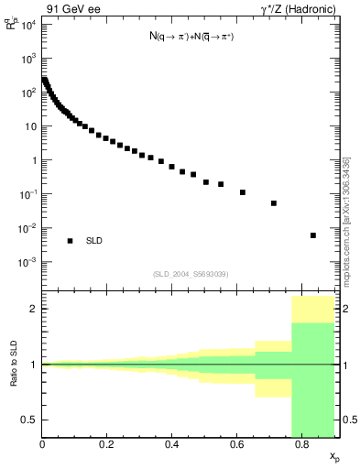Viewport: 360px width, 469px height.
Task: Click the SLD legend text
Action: pyautogui.click(x=94, y=241)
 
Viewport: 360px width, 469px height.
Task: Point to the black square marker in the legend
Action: pyautogui.click(x=70, y=241)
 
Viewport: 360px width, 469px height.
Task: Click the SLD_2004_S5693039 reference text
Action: pyautogui.click(x=191, y=274)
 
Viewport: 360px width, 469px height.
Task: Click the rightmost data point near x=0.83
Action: pyautogui.click(x=313, y=235)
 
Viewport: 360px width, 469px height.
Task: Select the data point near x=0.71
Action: pyautogui.click(x=274, y=203)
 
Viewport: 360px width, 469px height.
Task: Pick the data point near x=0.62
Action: pyautogui.click(x=243, y=192)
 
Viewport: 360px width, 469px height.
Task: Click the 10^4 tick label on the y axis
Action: pyautogui.click(x=28, y=24)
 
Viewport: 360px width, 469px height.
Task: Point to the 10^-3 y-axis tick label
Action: pyautogui.click(x=28, y=262)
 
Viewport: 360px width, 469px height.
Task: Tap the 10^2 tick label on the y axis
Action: pyautogui.click(x=28, y=92)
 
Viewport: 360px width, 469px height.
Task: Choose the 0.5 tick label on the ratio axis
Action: pyautogui.click(x=30, y=420)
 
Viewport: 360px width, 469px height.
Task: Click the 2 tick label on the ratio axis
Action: pyautogui.click(x=34, y=309)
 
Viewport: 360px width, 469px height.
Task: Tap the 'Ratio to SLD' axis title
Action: pyautogui.click(x=14, y=365)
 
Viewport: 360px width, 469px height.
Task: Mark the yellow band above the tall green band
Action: pyautogui.click(x=314, y=310)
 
